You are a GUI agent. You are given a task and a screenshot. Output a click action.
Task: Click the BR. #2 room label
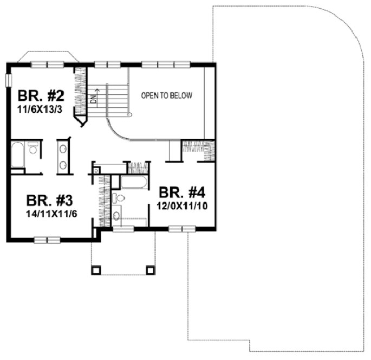pyautogui.click(x=41, y=97)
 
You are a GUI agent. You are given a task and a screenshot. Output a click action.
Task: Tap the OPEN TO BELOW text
pyautogui.click(x=166, y=96)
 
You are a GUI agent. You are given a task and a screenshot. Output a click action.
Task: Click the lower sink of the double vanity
pyautogui.click(x=63, y=165)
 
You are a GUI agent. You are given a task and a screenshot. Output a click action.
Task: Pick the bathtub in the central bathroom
pyautogui.click(x=134, y=182)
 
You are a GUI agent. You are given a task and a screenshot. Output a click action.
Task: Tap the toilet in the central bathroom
pyautogui.click(x=119, y=197)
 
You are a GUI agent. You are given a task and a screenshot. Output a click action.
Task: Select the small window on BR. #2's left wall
pyautogui.click(x=8, y=80)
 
